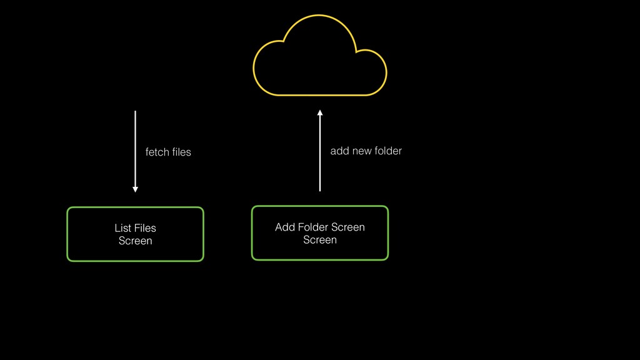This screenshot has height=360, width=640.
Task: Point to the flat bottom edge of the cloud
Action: click(319, 95)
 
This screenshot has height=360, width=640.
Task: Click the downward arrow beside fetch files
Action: click(135, 150)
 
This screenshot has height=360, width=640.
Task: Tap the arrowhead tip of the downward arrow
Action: click(135, 191)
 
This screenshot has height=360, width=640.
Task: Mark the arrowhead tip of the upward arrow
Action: click(319, 111)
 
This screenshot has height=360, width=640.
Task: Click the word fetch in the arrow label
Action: click(156, 152)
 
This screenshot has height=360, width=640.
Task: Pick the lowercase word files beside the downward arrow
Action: click(181, 152)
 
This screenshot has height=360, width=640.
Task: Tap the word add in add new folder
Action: click(339, 151)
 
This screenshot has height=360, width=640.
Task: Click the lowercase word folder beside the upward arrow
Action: click(388, 151)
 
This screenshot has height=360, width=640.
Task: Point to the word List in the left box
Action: click(122, 228)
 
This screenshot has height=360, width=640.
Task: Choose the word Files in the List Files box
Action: click(145, 228)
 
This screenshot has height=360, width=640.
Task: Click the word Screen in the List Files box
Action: click(135, 241)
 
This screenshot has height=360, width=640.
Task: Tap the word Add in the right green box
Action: click(284, 227)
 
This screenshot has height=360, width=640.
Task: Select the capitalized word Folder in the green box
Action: click(312, 227)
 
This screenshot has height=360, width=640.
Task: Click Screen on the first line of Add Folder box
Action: click(348, 227)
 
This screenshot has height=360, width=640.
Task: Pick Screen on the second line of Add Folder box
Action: click(319, 239)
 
